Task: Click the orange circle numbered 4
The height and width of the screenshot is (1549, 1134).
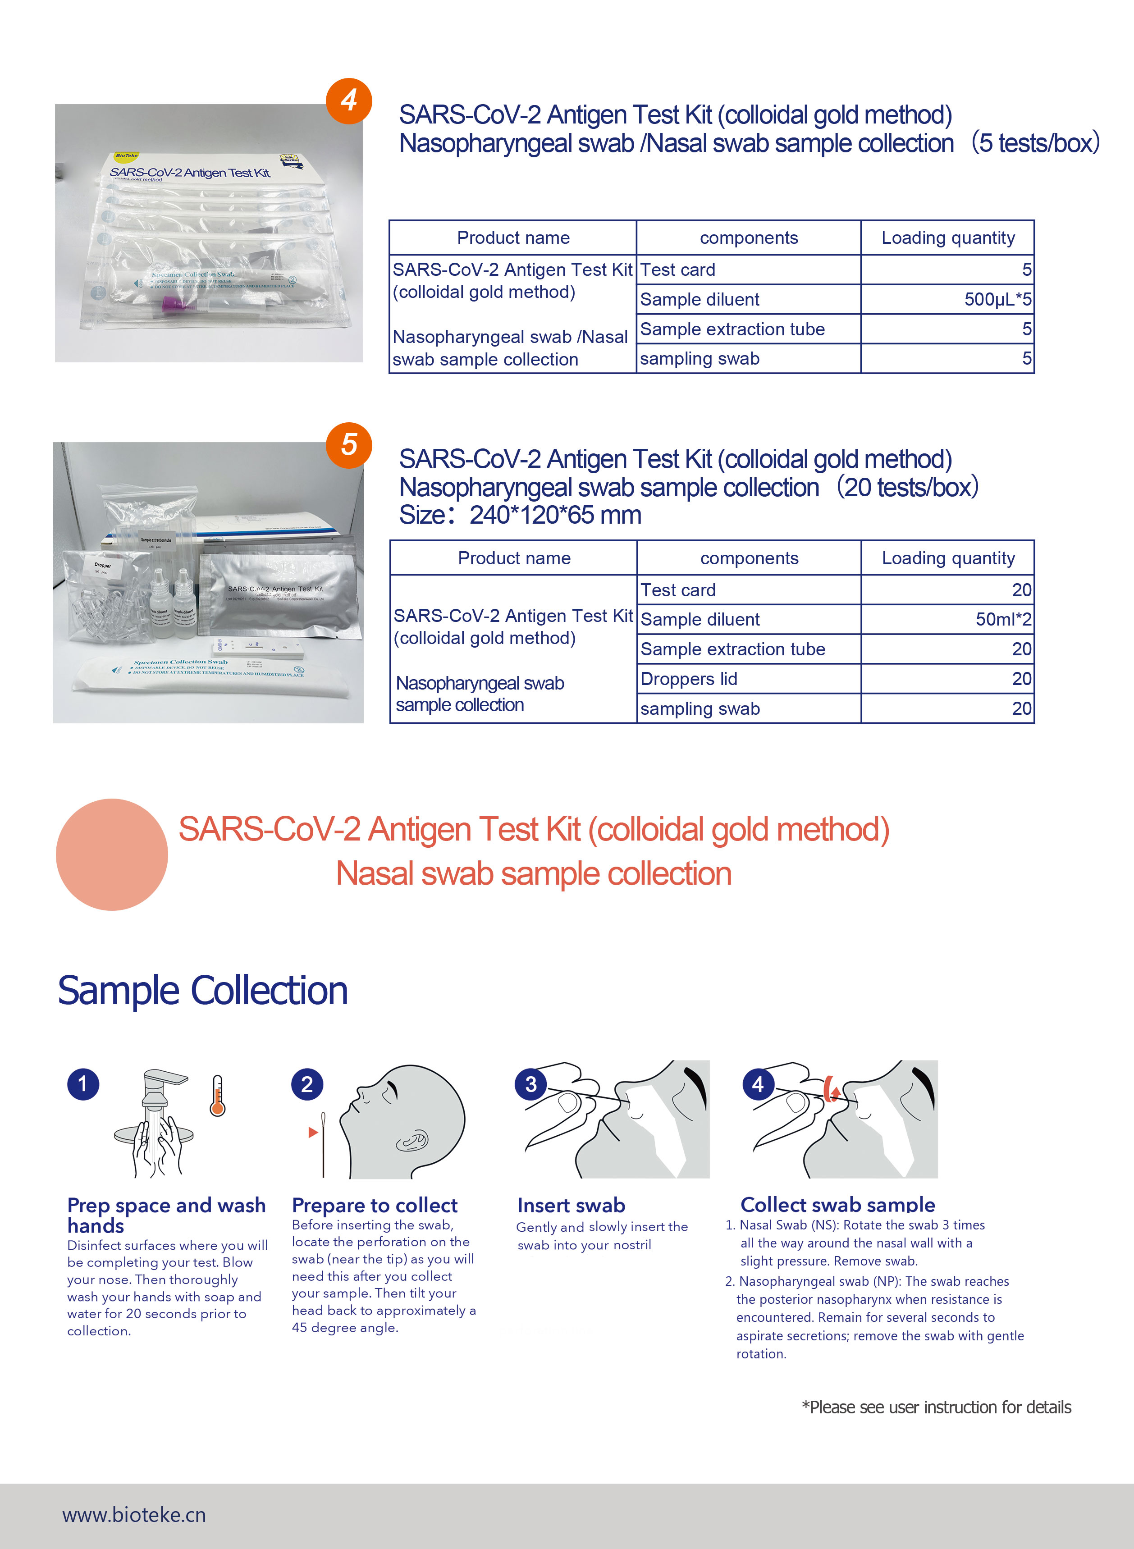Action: (x=349, y=101)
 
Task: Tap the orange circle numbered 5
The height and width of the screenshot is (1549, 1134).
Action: (x=349, y=445)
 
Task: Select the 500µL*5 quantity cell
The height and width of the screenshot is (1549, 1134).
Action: (x=947, y=299)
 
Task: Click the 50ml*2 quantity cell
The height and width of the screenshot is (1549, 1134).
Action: (x=947, y=619)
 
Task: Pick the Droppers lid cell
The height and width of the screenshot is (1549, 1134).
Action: (x=748, y=679)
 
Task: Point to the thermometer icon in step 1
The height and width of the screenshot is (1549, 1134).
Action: (x=218, y=1096)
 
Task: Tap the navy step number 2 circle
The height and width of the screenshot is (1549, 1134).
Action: (x=307, y=1084)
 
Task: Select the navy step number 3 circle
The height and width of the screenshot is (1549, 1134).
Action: (x=530, y=1084)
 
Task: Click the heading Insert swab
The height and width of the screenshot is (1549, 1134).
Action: (x=571, y=1205)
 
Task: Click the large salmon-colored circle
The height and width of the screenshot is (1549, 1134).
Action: (x=112, y=854)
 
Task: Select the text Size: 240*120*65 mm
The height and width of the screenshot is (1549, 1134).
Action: (x=520, y=515)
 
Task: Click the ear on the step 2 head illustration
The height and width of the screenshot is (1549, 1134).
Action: (x=412, y=1141)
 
